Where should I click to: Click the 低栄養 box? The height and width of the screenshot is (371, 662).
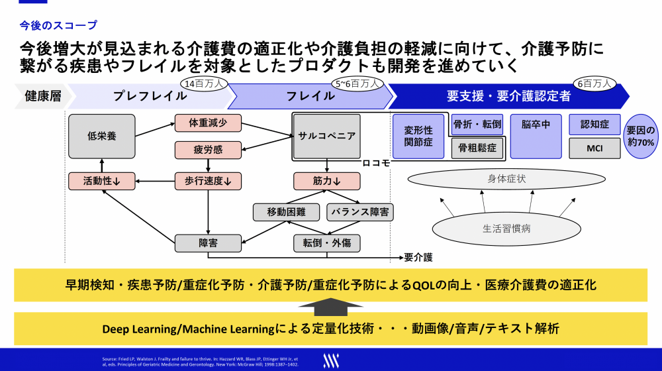[102, 136]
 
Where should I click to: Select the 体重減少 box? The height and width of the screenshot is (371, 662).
[208, 123]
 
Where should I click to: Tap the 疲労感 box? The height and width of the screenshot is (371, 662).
[208, 150]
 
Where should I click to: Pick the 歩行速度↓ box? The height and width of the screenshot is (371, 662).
[208, 180]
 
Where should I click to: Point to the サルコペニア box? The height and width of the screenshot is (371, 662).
[326, 136]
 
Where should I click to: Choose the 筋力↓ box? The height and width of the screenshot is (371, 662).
[326, 180]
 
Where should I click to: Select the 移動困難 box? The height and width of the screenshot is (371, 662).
[285, 212]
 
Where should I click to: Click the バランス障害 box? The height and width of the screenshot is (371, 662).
[360, 212]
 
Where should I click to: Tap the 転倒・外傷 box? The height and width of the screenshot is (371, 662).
[326, 243]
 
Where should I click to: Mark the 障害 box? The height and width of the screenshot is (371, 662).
[208, 243]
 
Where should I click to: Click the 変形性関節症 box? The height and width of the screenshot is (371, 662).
[418, 136]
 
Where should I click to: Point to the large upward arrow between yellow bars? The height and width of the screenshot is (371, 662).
[331, 307]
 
